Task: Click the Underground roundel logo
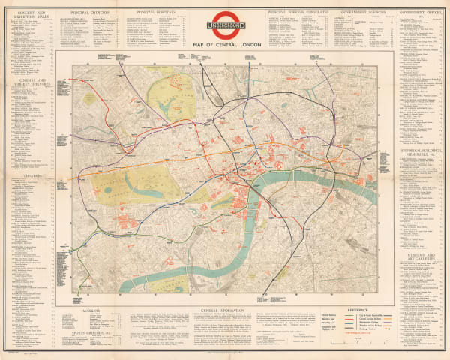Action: [225, 25]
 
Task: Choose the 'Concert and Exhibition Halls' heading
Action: [28, 15]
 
